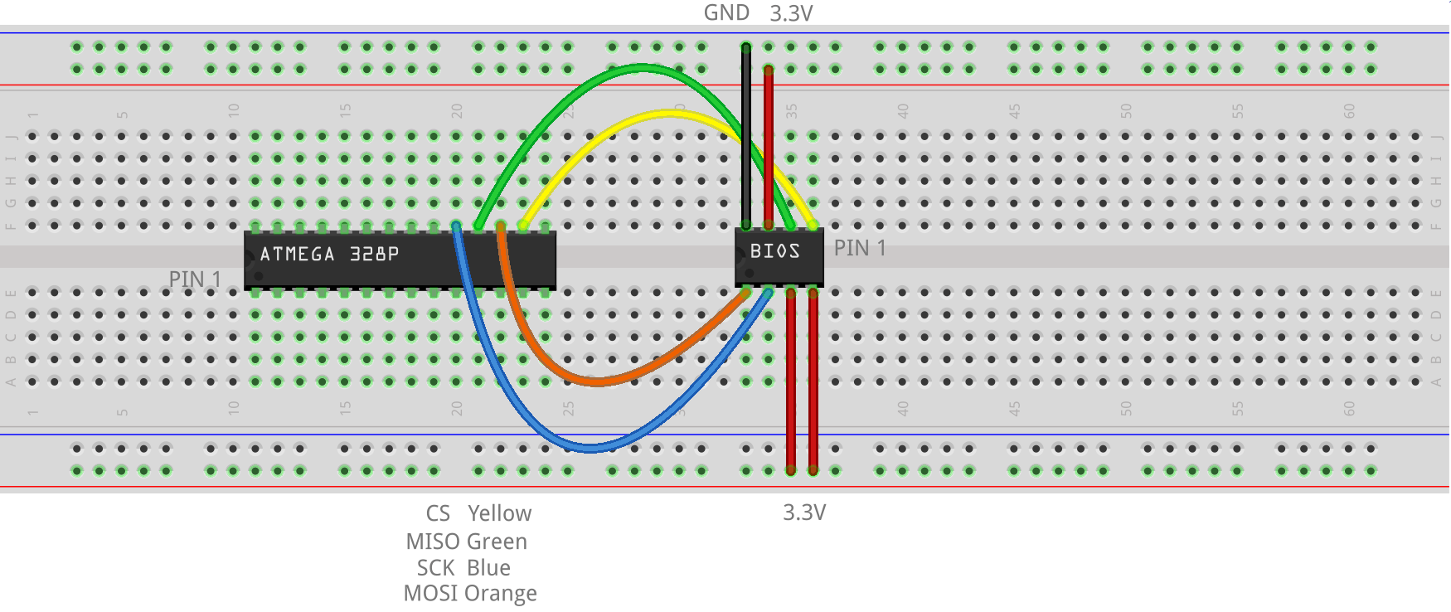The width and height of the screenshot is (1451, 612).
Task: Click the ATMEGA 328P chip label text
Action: coord(329,254)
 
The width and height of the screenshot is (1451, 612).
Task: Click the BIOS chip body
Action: coord(779,258)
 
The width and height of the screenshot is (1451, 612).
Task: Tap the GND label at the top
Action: coord(726,13)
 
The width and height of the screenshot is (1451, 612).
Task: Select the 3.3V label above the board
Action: coord(791,13)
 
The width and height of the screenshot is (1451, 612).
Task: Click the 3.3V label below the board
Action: coord(804,512)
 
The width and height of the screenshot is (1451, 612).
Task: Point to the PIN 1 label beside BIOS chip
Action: coord(860,248)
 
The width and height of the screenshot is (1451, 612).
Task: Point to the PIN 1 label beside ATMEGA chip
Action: coord(195,279)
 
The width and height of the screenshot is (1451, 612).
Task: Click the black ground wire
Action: coord(746,141)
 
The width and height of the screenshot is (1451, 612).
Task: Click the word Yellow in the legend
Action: coord(499,513)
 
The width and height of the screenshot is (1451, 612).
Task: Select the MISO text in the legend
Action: coord(432,542)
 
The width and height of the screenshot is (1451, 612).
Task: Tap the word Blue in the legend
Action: coord(488,568)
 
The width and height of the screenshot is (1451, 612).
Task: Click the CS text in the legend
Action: coord(438,513)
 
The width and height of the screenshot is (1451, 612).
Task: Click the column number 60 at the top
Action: coord(1348,110)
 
